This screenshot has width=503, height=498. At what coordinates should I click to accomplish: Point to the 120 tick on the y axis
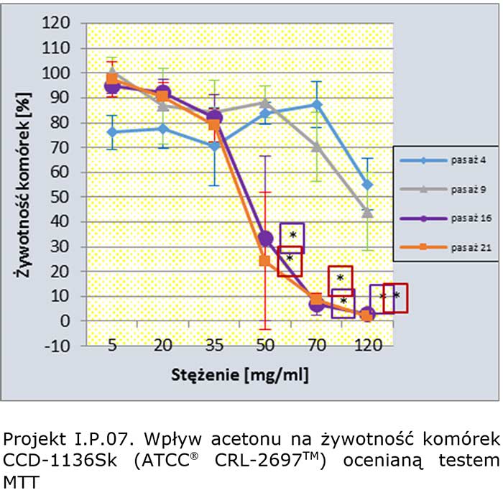pos(58,23)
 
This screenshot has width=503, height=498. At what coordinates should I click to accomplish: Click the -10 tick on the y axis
pos(58,346)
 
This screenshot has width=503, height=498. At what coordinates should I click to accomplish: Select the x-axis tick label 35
pos(214,346)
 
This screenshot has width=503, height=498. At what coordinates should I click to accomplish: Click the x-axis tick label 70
pos(317,346)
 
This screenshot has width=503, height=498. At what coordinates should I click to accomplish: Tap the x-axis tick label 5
pos(112,346)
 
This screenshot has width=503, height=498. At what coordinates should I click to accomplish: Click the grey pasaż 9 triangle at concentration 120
pos(368,212)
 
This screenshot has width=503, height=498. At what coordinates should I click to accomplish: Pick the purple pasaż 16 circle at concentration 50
pos(265,238)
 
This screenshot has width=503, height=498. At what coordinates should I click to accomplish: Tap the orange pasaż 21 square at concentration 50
pos(265,261)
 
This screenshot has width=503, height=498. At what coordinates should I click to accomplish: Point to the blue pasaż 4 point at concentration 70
pos(316,105)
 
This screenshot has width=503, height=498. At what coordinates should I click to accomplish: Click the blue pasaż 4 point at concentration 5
pos(112,132)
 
